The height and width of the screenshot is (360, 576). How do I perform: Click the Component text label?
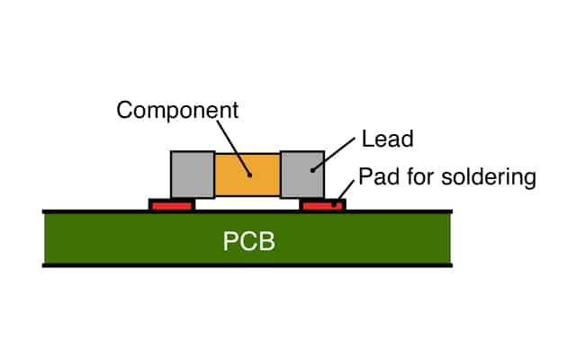point(177,111)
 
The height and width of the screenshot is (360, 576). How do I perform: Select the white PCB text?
point(246,241)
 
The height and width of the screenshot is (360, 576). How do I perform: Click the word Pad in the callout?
point(375,176)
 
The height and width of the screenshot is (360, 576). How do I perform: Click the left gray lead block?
point(192,175)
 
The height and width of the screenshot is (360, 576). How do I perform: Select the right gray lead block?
point(302,175)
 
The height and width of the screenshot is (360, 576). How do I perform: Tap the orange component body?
point(247,175)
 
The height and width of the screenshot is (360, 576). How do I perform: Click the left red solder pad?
point(171,206)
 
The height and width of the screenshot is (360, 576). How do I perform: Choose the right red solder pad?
point(322,206)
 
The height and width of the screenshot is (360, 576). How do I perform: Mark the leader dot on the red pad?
point(337,204)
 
